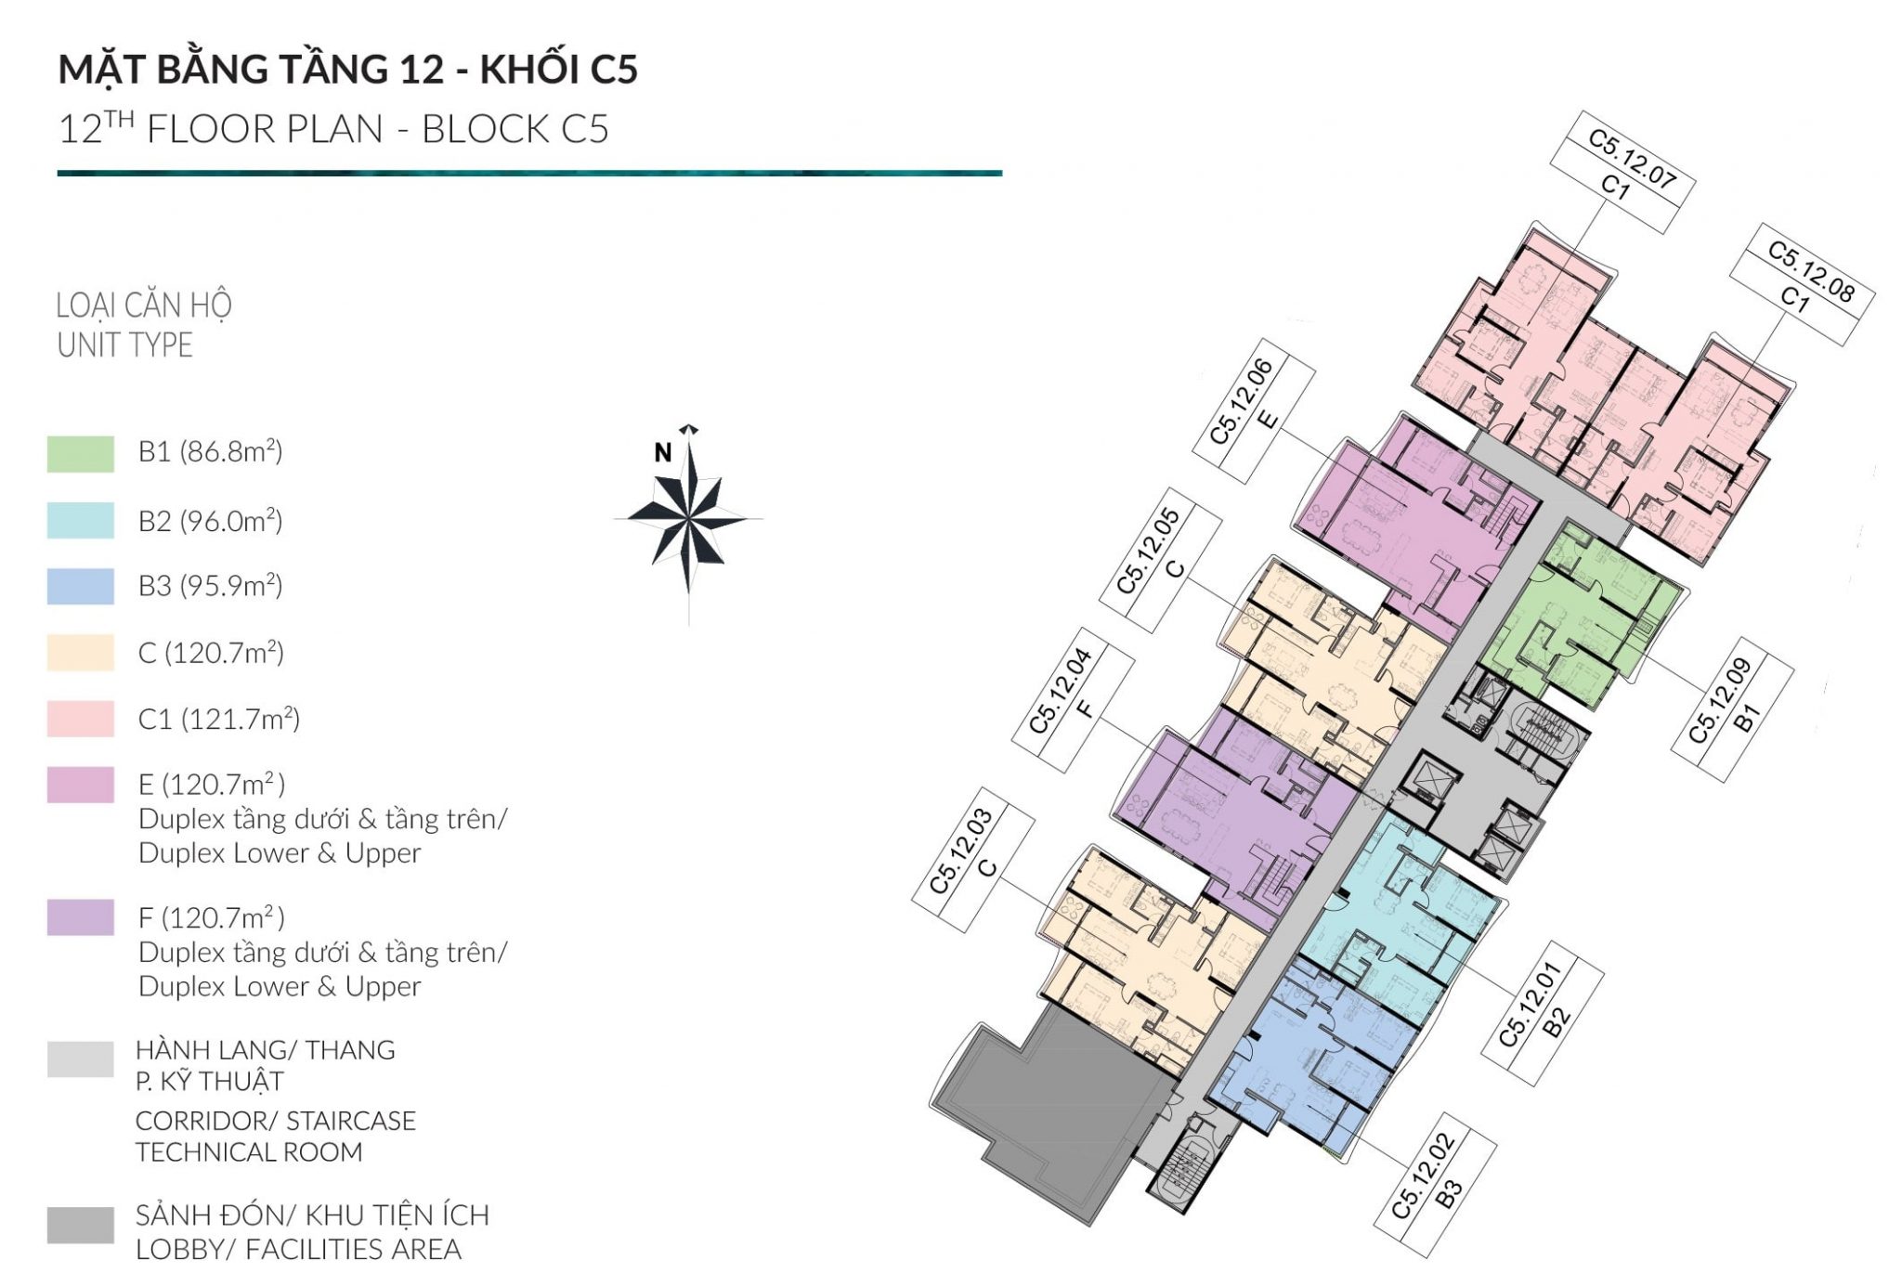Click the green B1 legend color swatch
81,454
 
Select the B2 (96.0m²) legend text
210,521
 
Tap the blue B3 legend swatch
81,586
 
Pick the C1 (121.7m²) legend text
218,719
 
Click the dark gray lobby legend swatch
81,1225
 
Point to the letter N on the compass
662,452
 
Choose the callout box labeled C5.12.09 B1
1732,708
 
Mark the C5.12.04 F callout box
1073,700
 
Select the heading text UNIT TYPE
124,345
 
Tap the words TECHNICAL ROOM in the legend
248,1151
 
